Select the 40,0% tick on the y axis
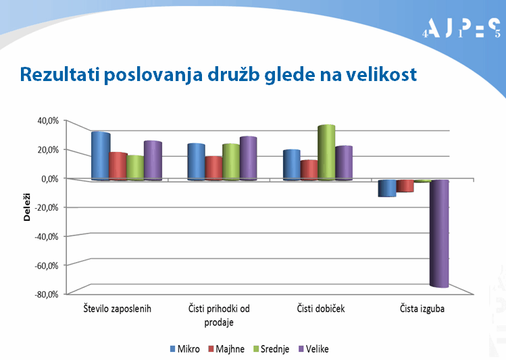tap(48, 120)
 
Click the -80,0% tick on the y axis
tap(47, 294)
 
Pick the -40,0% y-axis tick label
tap(47, 236)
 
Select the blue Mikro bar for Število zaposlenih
tap(100, 156)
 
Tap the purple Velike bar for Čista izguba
tap(439, 233)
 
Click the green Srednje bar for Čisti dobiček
tap(326, 153)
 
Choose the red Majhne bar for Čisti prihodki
tap(213, 168)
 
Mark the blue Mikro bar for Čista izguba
tap(387, 188)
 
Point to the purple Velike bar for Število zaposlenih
tap(153, 161)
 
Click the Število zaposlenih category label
tap(116, 309)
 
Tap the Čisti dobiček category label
tap(321, 309)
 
